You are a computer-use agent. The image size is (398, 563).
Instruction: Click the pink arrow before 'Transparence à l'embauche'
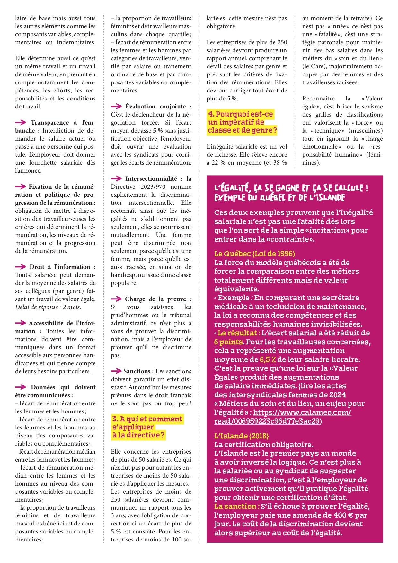[21, 122]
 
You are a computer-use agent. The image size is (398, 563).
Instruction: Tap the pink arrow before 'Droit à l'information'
[21, 267]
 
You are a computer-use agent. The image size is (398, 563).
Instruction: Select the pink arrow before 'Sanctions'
[116, 371]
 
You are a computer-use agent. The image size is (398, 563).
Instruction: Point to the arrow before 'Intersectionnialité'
[116, 178]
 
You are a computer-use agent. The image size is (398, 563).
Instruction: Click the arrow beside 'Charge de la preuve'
[116, 299]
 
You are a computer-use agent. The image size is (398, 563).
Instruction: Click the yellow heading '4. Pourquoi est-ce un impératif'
[242, 122]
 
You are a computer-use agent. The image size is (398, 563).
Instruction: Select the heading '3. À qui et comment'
[147, 427]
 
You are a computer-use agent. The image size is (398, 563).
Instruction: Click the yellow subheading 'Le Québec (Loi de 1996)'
[254, 254]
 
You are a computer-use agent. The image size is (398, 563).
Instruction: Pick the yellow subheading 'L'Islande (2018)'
[241, 436]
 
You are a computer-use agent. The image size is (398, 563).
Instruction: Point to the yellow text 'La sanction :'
[237, 506]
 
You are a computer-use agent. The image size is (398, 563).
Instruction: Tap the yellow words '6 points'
[228, 342]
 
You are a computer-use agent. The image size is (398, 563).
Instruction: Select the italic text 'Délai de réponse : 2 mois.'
[48, 307]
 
